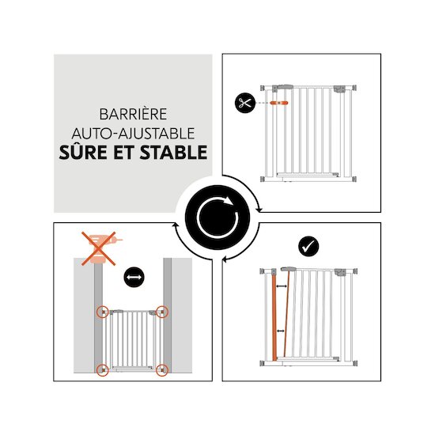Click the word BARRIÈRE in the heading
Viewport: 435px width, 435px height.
133,114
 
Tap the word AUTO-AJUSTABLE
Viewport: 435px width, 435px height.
133,134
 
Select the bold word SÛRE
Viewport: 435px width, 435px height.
83,152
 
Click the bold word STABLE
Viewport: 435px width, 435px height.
173,153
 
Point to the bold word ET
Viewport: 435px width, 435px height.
123,153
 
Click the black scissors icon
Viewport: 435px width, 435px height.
244,103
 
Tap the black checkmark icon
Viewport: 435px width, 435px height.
308,246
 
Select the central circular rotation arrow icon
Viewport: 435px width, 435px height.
217,217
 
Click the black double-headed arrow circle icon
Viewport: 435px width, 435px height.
134,277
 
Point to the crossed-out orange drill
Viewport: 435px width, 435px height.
99,249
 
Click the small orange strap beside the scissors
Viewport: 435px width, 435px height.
279,103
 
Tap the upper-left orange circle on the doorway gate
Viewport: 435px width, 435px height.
102,312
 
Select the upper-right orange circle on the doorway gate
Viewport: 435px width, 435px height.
162,312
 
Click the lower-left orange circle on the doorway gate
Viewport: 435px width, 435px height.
102,370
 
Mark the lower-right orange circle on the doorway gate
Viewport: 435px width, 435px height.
162,370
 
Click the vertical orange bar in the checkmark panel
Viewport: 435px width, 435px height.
274,316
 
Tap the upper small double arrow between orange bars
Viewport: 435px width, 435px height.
282,286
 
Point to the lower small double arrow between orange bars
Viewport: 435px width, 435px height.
281,331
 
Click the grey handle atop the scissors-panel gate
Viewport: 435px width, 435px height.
282,88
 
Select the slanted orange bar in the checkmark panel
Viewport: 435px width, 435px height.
286,313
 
